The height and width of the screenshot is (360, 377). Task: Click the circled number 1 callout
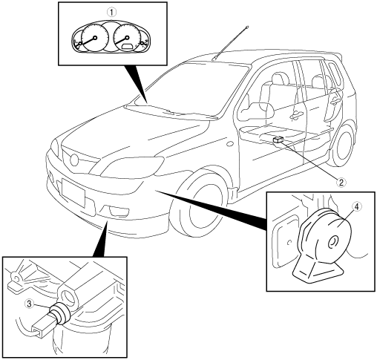point(112,11)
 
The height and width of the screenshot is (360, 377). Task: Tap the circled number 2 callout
point(341,183)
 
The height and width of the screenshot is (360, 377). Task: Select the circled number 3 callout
point(30,304)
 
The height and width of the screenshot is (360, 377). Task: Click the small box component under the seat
point(278,140)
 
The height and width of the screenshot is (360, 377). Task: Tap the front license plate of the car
point(73,192)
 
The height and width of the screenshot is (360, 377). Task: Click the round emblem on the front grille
point(74,160)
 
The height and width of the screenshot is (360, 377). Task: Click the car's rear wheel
point(344,145)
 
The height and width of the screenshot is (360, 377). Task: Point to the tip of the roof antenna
point(247,26)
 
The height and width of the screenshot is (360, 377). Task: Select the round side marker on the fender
point(230,143)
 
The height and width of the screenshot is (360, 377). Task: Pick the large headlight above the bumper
point(132,166)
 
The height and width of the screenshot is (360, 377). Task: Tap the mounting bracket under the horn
point(318,271)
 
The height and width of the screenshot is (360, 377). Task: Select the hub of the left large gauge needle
point(95,38)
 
